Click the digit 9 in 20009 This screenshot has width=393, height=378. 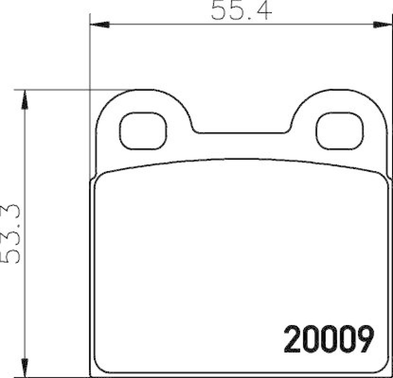tap(365, 339)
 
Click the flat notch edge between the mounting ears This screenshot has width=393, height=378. tap(241, 132)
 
